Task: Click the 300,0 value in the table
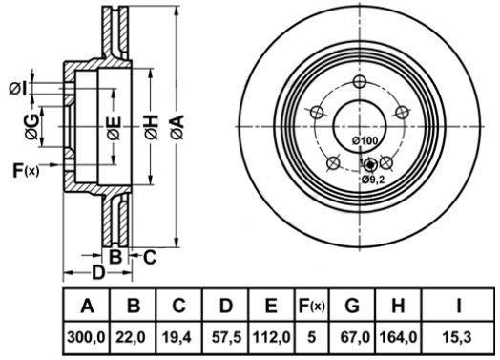click(86, 337)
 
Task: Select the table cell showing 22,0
click(131, 337)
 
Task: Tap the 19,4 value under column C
click(177, 337)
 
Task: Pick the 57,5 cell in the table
click(227, 337)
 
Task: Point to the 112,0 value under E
click(272, 337)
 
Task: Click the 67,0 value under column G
click(355, 337)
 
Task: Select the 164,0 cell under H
click(398, 337)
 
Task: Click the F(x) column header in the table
click(311, 306)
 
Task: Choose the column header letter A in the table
click(87, 306)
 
